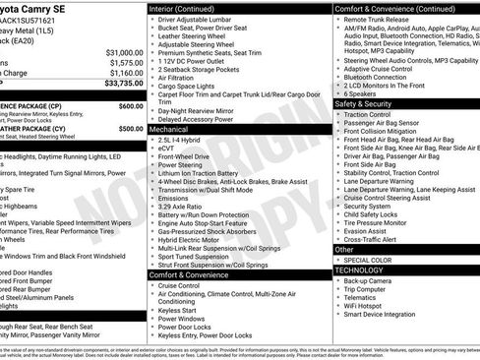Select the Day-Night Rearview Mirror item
click(x=204, y=111)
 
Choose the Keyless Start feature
click(x=179, y=309)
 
